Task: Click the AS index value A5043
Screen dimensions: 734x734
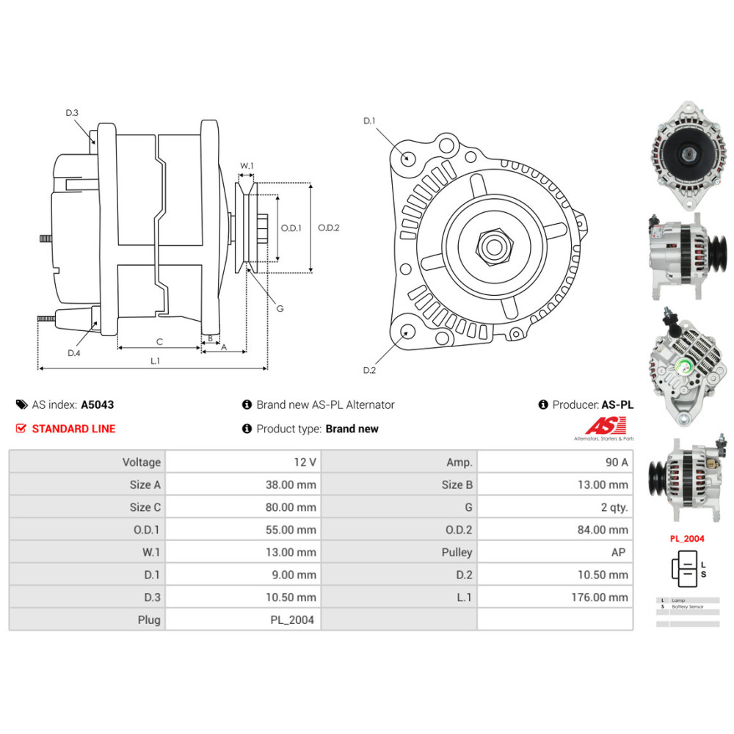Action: coord(97,404)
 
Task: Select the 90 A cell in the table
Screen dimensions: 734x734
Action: coord(615,462)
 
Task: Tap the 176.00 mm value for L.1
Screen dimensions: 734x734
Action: coord(600,597)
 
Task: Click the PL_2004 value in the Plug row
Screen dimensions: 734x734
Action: coord(291,620)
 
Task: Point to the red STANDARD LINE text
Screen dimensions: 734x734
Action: coord(73,429)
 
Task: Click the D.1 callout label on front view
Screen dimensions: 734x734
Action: coord(369,120)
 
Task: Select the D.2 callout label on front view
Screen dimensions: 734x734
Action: coord(369,370)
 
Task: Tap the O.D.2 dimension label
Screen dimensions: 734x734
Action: coord(328,228)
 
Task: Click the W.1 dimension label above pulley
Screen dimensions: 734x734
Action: coord(247,166)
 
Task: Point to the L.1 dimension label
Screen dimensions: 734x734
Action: coord(156,360)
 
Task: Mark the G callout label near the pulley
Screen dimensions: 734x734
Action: coord(280,308)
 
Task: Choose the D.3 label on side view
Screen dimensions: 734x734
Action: coord(72,112)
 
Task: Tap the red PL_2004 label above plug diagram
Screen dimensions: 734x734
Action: coord(686,538)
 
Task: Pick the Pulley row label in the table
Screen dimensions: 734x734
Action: coord(457,553)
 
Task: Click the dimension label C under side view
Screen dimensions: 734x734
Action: coord(159,341)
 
